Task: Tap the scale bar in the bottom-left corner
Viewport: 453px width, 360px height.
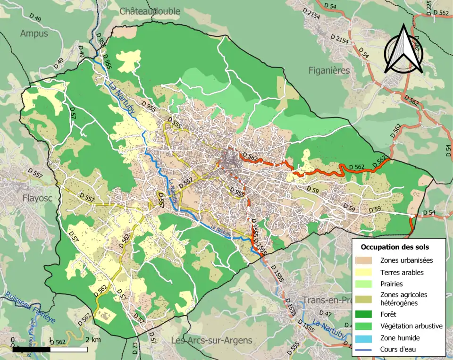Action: [x=50, y=350]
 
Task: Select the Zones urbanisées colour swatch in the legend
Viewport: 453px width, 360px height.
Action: [x=367, y=260]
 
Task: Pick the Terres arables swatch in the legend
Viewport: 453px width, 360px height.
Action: [x=367, y=272]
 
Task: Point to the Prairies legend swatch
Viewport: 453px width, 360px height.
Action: [x=367, y=284]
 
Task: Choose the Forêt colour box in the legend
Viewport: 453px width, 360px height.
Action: [x=367, y=313]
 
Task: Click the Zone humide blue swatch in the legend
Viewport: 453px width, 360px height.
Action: [x=367, y=338]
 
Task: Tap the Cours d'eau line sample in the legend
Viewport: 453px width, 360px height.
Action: [x=367, y=350]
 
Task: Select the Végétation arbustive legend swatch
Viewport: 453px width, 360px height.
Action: [x=367, y=326]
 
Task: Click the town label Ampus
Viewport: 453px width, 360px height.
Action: [x=34, y=33]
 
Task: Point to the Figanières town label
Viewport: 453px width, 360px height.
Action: [x=329, y=70]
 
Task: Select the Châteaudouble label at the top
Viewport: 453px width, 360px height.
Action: [x=150, y=11]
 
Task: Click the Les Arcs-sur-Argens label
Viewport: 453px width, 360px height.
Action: [x=211, y=340]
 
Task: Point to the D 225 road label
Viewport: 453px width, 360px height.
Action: [x=429, y=8]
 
